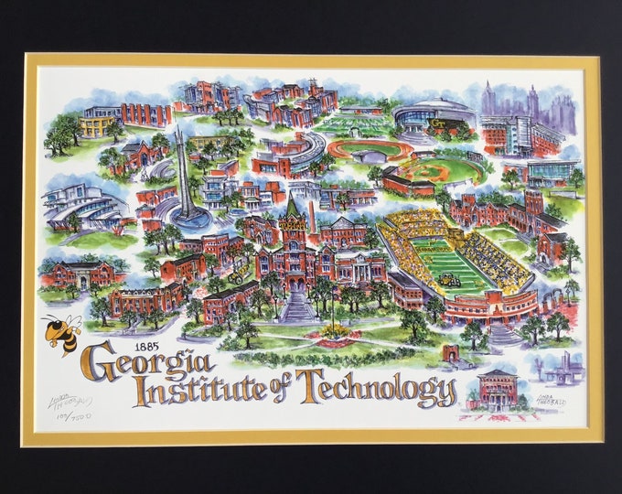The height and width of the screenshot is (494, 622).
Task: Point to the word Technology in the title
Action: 375,388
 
